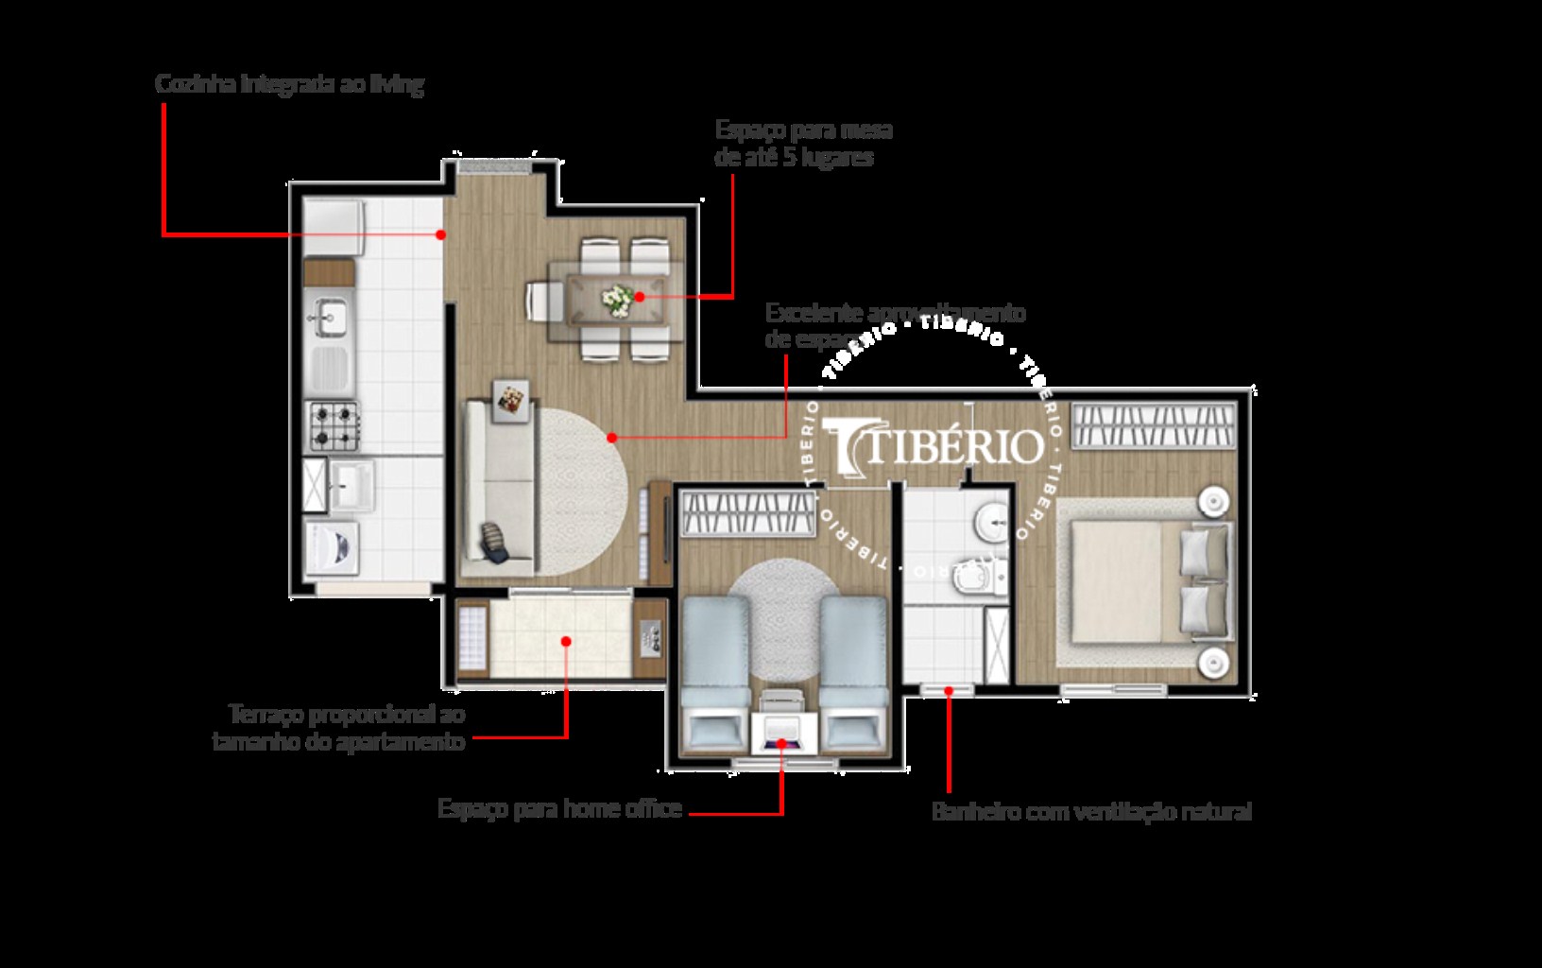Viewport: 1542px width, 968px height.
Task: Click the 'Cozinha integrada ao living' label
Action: click(289, 85)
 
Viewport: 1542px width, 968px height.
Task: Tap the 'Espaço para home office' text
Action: click(559, 809)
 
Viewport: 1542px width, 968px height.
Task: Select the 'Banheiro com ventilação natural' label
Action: click(1091, 811)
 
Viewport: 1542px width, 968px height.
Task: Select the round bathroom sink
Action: click(992, 518)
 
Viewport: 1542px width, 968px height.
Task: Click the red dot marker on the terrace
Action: click(566, 641)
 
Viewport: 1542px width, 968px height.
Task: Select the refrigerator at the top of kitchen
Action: click(333, 227)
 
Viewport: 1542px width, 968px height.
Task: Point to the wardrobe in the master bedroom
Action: click(1154, 424)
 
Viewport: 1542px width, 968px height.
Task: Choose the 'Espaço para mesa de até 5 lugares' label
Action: click(803, 144)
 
